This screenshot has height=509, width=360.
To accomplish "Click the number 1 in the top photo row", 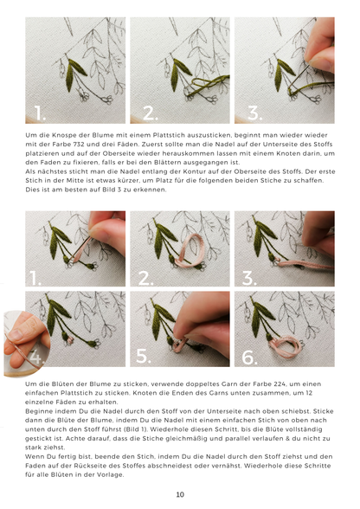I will (x=38, y=111).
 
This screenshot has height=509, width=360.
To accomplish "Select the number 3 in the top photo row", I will (x=254, y=111).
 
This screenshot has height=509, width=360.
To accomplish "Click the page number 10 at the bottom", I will (x=180, y=494).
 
